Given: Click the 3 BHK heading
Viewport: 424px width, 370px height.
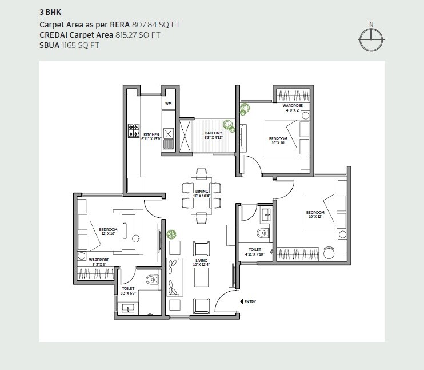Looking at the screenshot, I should point(49,11).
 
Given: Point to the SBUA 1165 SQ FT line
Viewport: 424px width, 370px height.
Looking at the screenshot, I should point(69,45).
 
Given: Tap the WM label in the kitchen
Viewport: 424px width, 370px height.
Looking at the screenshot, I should point(168,103).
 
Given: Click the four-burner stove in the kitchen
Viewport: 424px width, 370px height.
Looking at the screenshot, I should point(134,129).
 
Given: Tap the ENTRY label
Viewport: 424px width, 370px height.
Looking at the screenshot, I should point(250,301).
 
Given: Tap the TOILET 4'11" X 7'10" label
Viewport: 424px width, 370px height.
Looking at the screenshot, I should point(255,252).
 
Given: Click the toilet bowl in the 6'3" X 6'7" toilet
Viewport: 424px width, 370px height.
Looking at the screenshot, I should point(151,280).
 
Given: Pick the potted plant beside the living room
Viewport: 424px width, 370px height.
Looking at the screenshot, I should point(170,234).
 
